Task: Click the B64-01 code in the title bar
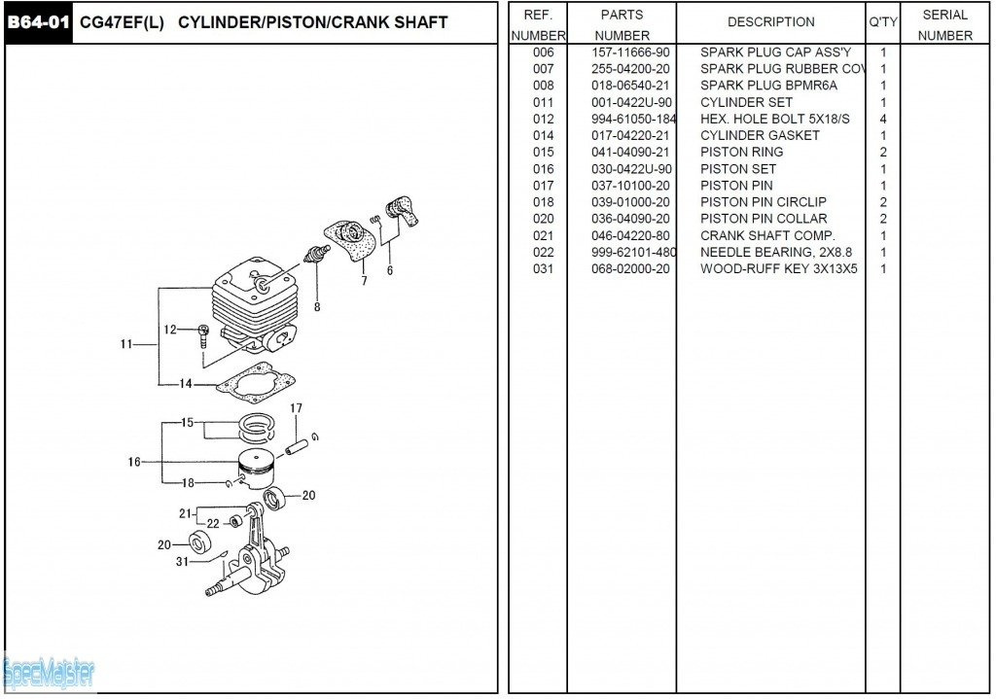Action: (x=39, y=22)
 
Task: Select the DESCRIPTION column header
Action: (x=770, y=22)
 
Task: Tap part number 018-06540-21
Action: (x=630, y=86)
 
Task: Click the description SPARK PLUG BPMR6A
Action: (x=768, y=86)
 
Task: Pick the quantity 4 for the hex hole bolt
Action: (x=883, y=119)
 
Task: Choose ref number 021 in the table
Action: (x=543, y=235)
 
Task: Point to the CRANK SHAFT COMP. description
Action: (x=767, y=235)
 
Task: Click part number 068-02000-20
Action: (x=630, y=268)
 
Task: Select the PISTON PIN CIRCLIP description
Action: (x=764, y=202)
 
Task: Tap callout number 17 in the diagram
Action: (x=296, y=408)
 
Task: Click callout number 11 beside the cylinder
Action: (x=126, y=344)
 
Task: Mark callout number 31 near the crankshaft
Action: (x=182, y=561)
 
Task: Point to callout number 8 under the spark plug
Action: (x=316, y=308)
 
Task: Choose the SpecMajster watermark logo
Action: (x=49, y=672)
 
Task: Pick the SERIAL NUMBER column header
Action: (x=944, y=25)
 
